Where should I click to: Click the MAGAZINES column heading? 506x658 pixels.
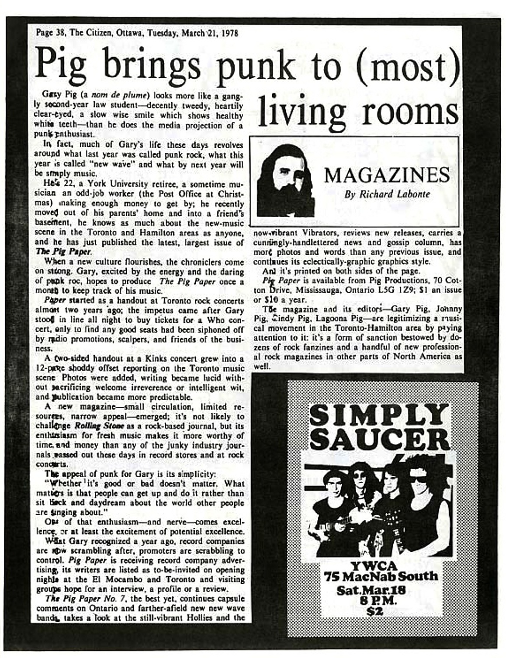[386, 175]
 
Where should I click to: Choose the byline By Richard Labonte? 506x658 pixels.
[387, 194]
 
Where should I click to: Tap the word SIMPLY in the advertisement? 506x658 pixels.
[378, 415]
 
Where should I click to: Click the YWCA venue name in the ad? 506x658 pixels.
[379, 566]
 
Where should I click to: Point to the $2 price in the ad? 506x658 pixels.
[375, 611]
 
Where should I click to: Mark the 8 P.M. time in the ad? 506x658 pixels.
[375, 601]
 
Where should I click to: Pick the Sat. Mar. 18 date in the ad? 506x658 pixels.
[371, 590]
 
